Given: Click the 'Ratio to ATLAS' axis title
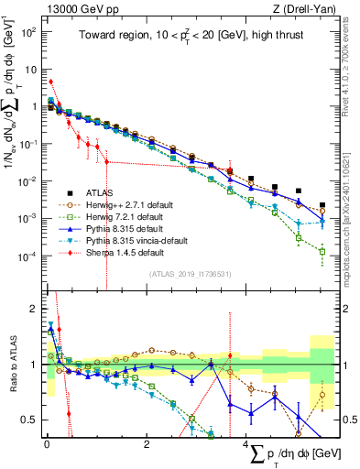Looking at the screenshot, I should [11, 365].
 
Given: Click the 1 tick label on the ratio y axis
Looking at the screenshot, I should [33, 365].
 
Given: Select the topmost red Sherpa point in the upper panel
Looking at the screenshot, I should [51, 82].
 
